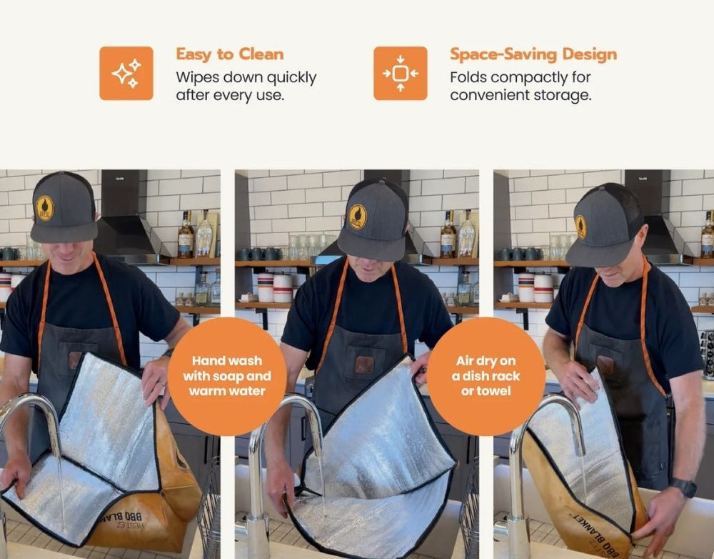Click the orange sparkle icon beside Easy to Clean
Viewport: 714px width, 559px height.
pyautogui.click(x=126, y=73)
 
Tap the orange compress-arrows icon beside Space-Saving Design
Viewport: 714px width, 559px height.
pyautogui.click(x=401, y=73)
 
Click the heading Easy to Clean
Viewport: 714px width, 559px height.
pyautogui.click(x=229, y=54)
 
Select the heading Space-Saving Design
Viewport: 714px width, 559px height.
pyautogui.click(x=533, y=54)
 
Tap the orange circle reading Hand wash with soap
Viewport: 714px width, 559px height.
pyautogui.click(x=227, y=376)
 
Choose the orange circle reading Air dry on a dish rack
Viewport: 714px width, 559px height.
pyautogui.click(x=486, y=376)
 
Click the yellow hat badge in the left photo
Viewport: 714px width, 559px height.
pyautogui.click(x=44, y=208)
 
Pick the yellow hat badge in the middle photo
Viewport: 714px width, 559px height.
pyautogui.click(x=358, y=217)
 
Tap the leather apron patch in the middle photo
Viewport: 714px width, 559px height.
pyautogui.click(x=364, y=365)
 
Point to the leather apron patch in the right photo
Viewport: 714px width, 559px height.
pyautogui.click(x=605, y=365)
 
